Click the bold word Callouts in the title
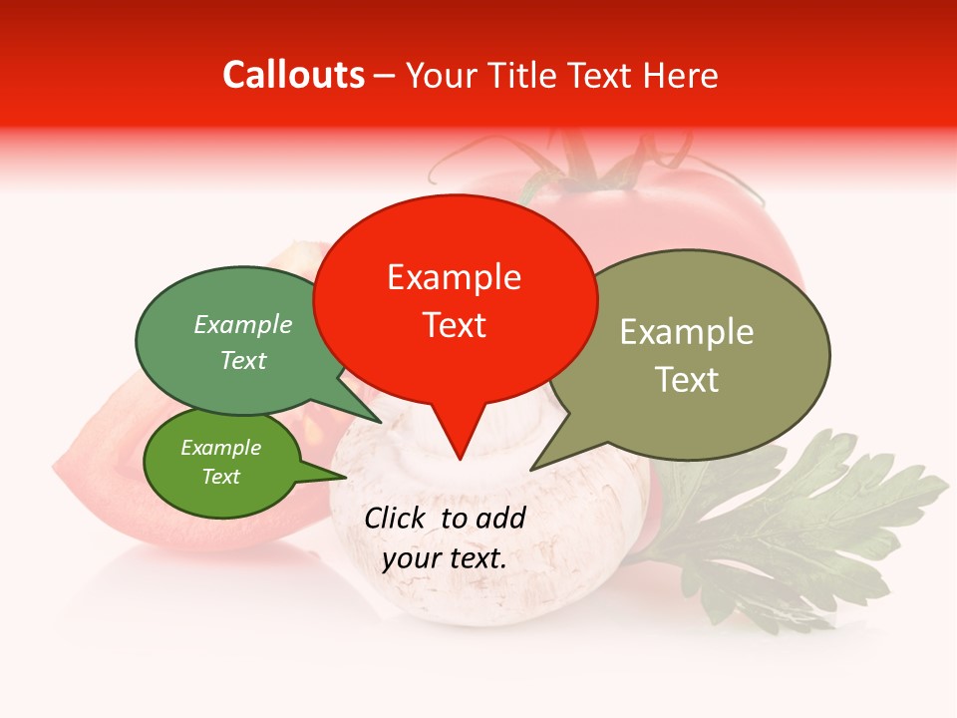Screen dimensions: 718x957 click(x=293, y=75)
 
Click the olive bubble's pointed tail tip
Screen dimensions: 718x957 click(x=531, y=469)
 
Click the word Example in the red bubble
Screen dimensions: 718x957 click(x=454, y=277)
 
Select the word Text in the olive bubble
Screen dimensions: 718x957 click(x=687, y=380)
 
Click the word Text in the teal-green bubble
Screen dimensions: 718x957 click(x=243, y=361)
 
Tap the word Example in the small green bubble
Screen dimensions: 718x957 click(x=220, y=448)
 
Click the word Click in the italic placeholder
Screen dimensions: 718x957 click(x=396, y=518)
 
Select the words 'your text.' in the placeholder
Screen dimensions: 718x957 click(x=445, y=558)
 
